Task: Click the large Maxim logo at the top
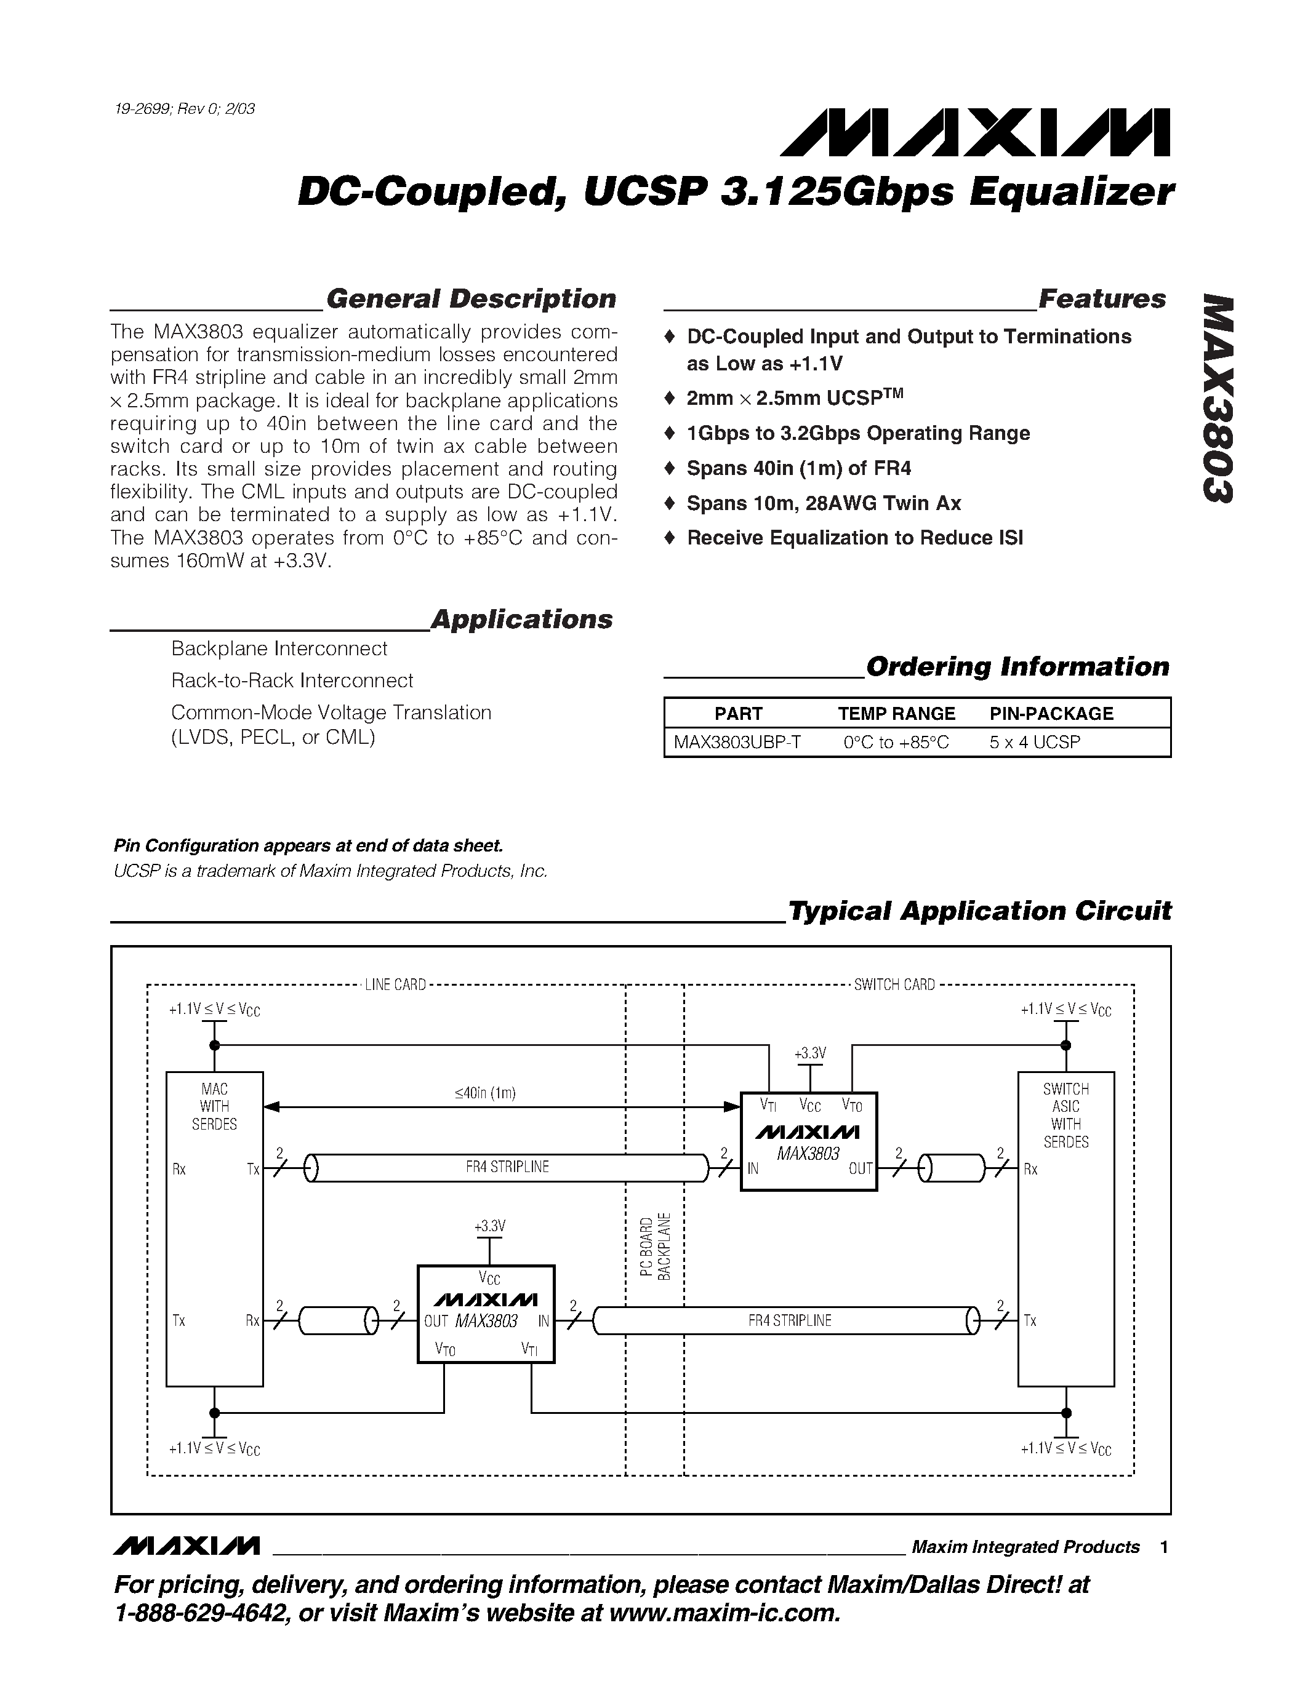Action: [x=975, y=132]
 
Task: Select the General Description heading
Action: [x=471, y=299]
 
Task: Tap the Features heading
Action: [x=1101, y=299]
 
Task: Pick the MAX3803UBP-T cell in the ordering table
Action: [x=737, y=742]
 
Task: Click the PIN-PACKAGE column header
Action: [x=1051, y=714]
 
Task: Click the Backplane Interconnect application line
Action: [x=279, y=648]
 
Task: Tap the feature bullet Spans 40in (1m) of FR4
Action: [x=798, y=468]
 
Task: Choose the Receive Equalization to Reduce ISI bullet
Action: [x=855, y=538]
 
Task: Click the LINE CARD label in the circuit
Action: [x=395, y=984]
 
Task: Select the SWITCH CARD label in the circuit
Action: [x=894, y=984]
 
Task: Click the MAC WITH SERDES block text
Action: [x=215, y=1106]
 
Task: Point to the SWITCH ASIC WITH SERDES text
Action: [x=1065, y=1115]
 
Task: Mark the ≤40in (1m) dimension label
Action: [x=485, y=1093]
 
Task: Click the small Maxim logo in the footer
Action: [x=187, y=1546]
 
